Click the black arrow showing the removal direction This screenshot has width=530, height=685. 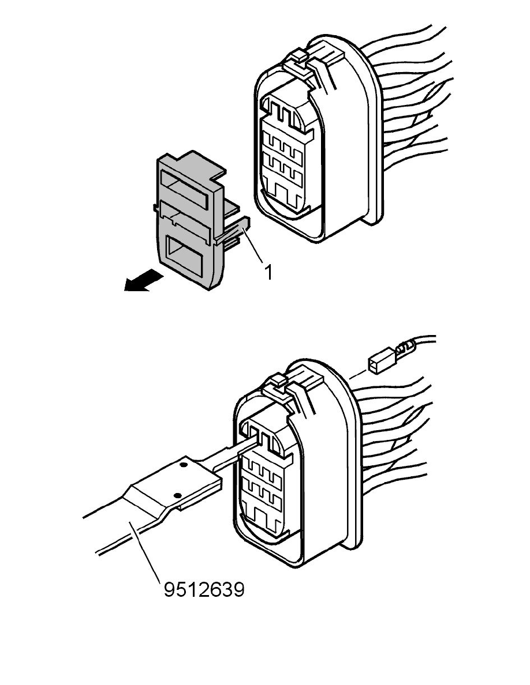143,280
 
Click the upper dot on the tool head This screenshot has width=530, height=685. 183,464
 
